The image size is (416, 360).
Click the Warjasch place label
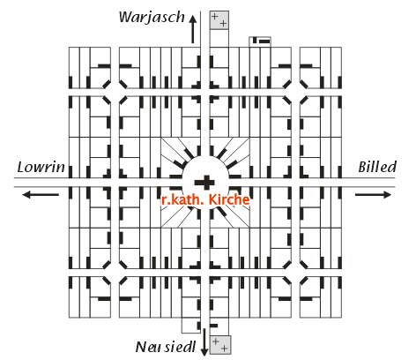tap(152, 18)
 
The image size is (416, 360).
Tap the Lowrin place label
tap(41, 167)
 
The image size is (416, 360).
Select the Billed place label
tap(377, 167)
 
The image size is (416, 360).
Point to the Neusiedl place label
tap(166, 347)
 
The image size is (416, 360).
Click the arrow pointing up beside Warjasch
tap(193, 29)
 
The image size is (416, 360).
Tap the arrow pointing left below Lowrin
tap(41, 194)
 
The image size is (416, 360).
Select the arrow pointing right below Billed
tap(373, 194)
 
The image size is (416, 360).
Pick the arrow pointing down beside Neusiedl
tap(204, 342)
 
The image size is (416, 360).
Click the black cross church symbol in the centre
tap(204, 183)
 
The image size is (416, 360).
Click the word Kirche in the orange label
tap(229, 199)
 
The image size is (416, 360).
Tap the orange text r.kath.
tap(182, 199)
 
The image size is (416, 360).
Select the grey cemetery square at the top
tap(219, 20)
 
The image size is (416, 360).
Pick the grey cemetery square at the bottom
tap(220, 345)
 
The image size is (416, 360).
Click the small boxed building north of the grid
tap(260, 41)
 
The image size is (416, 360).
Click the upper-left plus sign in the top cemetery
tap(215, 16)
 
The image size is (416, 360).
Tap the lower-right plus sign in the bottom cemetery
tap(224, 349)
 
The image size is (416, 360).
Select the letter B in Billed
tap(363, 167)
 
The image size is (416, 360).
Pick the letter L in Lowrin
tap(20, 167)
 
